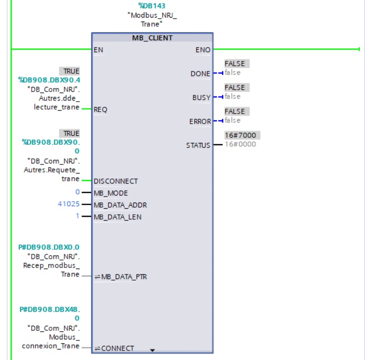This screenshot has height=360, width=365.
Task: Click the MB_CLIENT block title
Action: point(152,38)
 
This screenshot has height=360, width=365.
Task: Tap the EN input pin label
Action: point(98,50)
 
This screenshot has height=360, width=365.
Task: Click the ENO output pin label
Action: point(203,50)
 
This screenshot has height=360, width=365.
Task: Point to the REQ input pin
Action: point(100,110)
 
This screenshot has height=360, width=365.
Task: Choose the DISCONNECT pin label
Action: point(116,181)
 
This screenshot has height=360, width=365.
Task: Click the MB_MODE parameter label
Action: point(111,193)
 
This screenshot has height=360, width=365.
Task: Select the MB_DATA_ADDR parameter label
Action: point(120,205)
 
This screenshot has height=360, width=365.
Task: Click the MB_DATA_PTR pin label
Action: point(124,277)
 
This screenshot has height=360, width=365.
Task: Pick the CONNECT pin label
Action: point(118,348)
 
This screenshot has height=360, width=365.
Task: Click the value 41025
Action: point(69,205)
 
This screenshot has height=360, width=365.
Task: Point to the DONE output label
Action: point(200,74)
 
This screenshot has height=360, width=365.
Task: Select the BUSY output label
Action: point(201,98)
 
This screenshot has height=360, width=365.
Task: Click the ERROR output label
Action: point(200,122)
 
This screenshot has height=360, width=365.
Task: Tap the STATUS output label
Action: point(198,145)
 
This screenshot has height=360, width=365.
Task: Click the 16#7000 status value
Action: point(243,136)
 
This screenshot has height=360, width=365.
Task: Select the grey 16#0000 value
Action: point(240,144)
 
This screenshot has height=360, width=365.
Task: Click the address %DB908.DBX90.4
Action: point(49,79)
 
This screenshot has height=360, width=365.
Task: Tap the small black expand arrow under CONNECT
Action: point(153,349)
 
